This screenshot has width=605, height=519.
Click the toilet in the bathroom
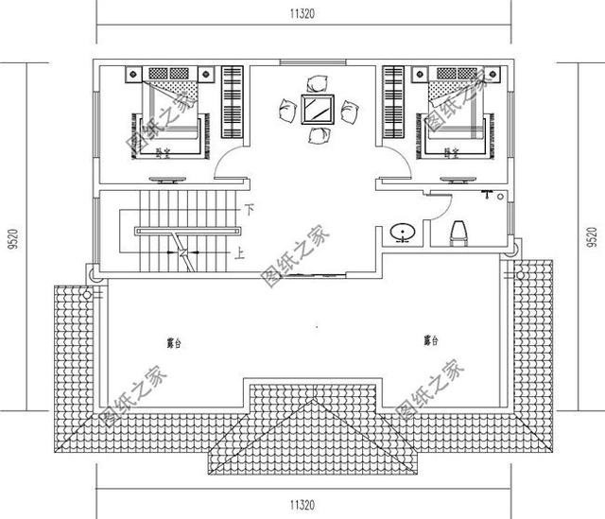(x=459, y=232)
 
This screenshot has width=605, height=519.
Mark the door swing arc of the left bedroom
(x=229, y=167)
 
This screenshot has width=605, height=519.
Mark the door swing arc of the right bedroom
(x=394, y=167)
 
